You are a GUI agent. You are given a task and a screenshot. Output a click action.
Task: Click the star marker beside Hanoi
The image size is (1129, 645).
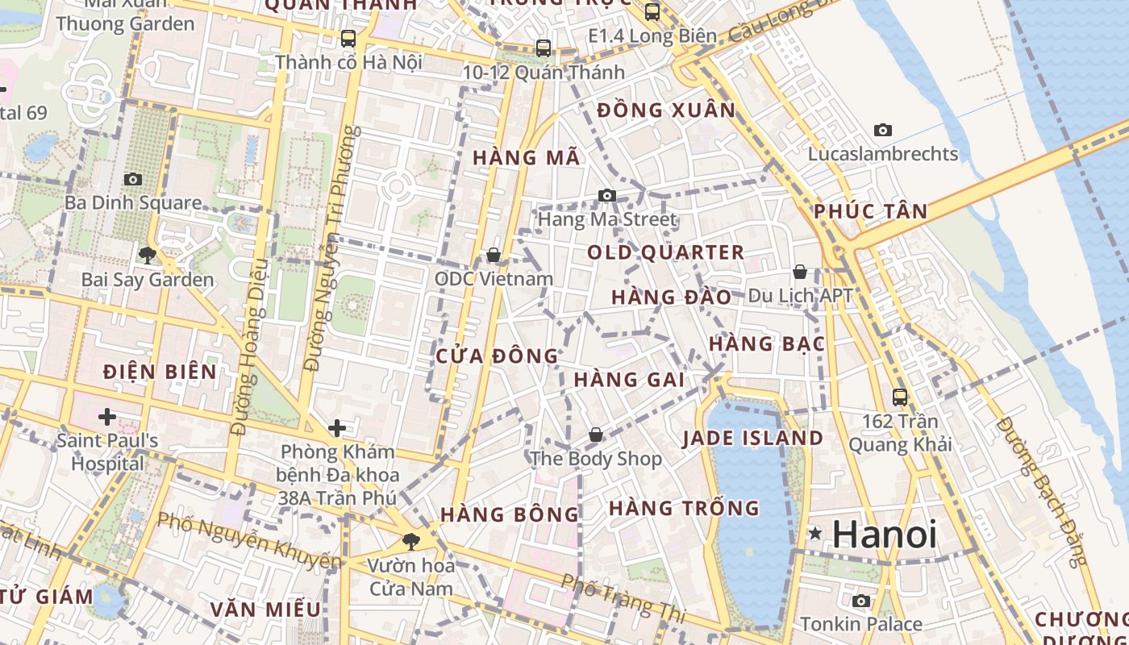pos(815,533)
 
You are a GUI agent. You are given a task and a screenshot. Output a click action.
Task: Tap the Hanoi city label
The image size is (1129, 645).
pos(885,534)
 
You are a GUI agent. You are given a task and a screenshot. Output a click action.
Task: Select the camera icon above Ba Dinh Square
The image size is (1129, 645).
pos(133,179)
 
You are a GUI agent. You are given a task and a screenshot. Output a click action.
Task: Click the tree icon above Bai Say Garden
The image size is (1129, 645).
pos(147,256)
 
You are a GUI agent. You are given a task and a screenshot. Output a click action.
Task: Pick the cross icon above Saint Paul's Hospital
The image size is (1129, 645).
pos(106,417)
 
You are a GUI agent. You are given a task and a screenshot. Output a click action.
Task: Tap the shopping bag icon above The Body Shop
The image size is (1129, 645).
pos(596,435)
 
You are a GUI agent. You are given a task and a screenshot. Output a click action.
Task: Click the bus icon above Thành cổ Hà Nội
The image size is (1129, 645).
pos(348,38)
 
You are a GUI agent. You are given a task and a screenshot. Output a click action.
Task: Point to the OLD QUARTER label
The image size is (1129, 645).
pos(665,252)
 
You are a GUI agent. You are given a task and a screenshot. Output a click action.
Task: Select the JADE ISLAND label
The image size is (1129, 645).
pos(752,439)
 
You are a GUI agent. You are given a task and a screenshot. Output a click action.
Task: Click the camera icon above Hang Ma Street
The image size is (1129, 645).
pos(607,195)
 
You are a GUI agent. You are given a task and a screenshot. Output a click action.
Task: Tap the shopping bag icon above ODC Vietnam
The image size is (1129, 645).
pos(494,256)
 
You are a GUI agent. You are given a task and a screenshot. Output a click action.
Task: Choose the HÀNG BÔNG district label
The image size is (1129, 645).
pos(510,514)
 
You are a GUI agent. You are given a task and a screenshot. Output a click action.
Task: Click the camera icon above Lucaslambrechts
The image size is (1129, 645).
pos(883,130)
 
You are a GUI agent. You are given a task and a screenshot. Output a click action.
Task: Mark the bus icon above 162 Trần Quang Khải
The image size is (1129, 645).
pos(900,397)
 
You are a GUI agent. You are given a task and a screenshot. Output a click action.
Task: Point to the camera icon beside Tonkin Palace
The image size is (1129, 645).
pos(861,601)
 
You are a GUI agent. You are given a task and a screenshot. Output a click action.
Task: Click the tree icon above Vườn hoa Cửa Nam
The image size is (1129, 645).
pos(411,541)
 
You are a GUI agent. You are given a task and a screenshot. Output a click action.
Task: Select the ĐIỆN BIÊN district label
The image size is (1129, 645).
pos(160,372)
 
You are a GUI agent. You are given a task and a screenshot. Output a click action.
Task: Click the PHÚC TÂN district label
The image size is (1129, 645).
pos(870,211)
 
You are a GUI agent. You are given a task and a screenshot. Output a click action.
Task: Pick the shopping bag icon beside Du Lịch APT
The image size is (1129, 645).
pos(800,272)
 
